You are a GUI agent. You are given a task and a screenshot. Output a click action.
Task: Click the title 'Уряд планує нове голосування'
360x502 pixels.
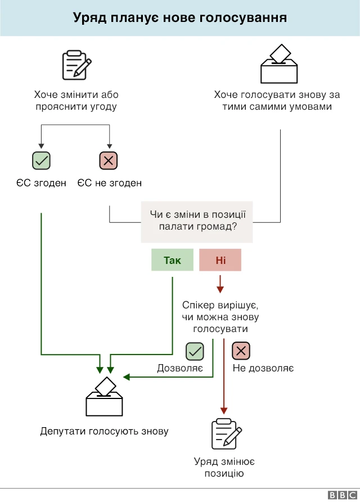click(x=180, y=18)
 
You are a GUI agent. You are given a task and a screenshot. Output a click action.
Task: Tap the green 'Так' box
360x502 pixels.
click(x=172, y=260)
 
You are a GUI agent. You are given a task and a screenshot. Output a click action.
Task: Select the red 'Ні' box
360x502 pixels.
click(x=220, y=260)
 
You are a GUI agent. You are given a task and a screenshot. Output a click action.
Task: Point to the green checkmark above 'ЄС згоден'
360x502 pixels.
click(x=41, y=161)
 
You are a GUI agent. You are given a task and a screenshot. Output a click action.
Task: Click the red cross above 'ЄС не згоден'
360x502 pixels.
click(x=109, y=161)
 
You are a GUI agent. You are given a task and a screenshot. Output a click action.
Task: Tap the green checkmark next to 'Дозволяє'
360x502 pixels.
click(x=195, y=351)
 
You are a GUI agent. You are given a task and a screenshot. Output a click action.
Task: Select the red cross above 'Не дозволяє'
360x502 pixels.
click(x=241, y=351)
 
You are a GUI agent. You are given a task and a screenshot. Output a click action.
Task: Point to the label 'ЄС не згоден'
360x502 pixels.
click(x=109, y=183)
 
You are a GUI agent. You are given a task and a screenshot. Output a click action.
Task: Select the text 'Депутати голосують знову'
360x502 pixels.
click(x=104, y=432)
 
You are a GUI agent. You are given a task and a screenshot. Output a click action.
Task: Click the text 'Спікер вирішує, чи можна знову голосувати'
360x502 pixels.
click(x=220, y=317)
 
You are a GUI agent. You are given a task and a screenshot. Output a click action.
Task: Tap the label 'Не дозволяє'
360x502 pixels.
click(x=263, y=369)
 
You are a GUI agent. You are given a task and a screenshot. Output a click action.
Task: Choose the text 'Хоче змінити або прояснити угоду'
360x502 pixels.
click(x=76, y=101)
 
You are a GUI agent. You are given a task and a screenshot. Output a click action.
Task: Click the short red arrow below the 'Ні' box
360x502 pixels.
click(x=220, y=284)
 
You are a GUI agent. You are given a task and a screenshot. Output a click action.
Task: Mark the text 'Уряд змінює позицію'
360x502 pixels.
click(x=224, y=467)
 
